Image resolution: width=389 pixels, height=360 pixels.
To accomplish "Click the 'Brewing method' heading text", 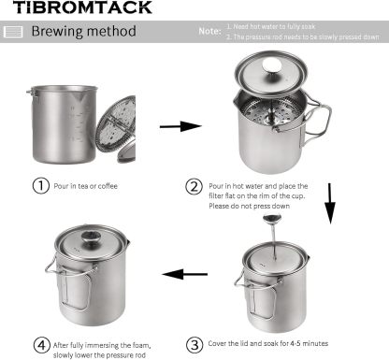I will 84,32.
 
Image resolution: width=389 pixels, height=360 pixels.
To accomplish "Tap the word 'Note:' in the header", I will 209,32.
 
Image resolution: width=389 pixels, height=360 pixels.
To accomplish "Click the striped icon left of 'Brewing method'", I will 13,33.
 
